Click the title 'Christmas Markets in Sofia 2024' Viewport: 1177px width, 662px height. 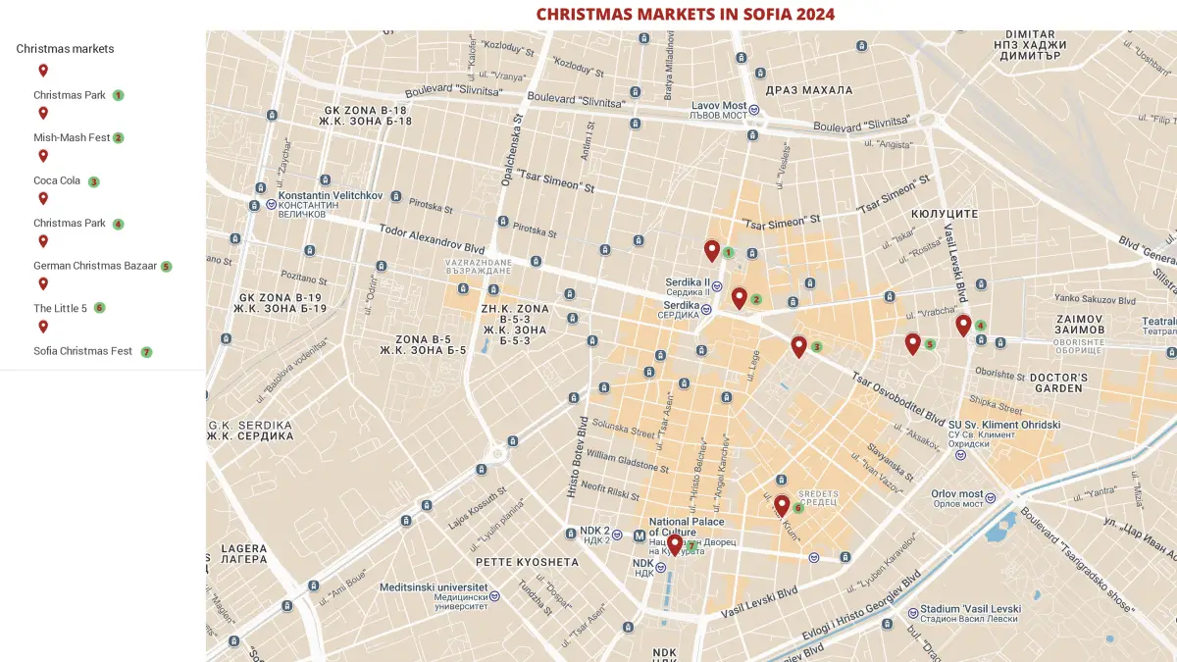[686, 14]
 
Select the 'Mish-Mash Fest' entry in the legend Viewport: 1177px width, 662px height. [72, 138]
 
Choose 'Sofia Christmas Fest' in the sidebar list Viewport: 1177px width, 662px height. [83, 351]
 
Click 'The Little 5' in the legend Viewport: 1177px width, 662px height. [61, 308]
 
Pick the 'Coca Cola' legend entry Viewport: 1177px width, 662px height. [57, 180]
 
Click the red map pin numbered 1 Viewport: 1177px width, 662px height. [712, 250]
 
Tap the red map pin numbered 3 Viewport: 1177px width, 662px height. [799, 345]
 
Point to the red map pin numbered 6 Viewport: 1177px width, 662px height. [782, 504]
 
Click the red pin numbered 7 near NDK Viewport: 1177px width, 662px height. [675, 543]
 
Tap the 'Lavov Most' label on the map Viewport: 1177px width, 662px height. [719, 106]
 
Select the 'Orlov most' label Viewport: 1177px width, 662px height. [956, 494]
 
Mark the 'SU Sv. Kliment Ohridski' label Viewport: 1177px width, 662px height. [1004, 425]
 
